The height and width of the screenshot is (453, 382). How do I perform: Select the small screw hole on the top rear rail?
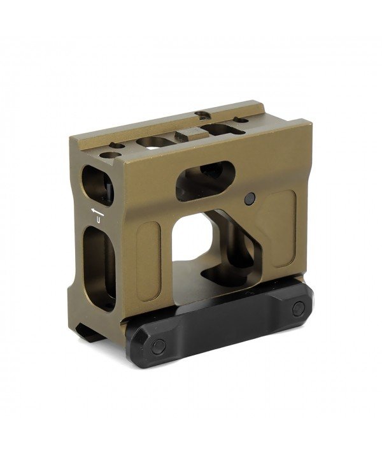(x=202, y=115)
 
